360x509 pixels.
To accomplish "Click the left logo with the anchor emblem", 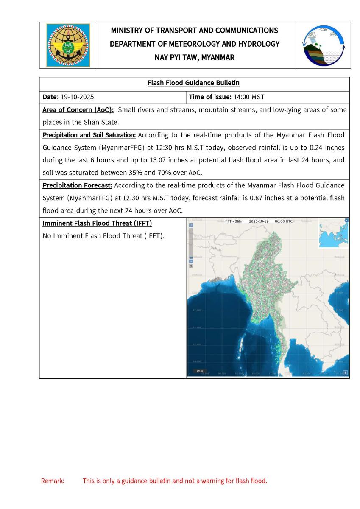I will [x=68, y=45].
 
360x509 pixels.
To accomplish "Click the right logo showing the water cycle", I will [x=323, y=45].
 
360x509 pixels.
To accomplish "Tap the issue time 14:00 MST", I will [x=249, y=97].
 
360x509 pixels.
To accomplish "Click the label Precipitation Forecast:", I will [x=77, y=185].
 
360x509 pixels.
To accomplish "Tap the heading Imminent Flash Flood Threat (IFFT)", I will [x=97, y=224].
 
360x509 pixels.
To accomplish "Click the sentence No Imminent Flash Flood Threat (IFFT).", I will [x=103, y=236].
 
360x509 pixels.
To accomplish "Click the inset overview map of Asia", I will [x=333, y=233].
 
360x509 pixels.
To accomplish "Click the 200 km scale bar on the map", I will [x=198, y=371].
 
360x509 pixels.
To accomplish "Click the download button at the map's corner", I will [x=345, y=373].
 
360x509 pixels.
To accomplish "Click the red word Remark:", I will [x=53, y=481].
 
